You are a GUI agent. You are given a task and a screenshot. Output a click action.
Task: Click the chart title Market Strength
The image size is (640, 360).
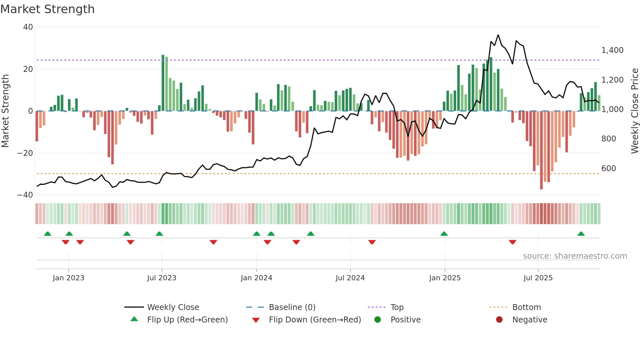click(x=47, y=9)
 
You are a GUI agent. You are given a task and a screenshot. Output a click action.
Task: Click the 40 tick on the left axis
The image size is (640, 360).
click(x=28, y=27)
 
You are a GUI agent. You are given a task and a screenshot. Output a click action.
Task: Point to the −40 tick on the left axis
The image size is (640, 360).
click(x=25, y=195)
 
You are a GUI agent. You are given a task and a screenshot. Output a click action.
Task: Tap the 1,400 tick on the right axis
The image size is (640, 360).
click(x=612, y=50)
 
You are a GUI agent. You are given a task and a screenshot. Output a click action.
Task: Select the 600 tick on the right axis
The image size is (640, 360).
click(x=609, y=169)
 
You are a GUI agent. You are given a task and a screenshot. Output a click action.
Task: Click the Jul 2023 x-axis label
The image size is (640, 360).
click(x=162, y=278)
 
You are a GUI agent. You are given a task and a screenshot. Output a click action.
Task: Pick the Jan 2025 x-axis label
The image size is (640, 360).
click(x=445, y=278)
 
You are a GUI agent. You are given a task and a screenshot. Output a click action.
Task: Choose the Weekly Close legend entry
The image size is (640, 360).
click(x=173, y=307)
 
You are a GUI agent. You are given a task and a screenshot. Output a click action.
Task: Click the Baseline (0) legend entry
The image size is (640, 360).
click(x=292, y=307)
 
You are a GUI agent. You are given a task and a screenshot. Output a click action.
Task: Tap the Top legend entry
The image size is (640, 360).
click(x=397, y=307)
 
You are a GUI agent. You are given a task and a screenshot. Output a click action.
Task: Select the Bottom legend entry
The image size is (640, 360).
click(x=526, y=307)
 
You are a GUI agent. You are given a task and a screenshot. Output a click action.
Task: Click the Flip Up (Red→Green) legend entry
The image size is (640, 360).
click(x=187, y=320)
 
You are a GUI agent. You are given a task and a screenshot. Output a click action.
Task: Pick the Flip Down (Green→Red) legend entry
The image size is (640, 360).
click(x=315, y=320)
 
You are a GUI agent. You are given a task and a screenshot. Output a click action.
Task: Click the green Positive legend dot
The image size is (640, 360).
click(x=378, y=320)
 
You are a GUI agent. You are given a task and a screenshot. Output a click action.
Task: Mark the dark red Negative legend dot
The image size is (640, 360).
click(x=499, y=320)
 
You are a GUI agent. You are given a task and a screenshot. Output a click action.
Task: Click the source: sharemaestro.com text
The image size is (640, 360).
click(x=575, y=256)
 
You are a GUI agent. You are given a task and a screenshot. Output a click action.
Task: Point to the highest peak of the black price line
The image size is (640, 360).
click(x=498, y=35)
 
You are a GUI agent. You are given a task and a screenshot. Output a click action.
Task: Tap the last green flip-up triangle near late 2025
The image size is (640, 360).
click(x=581, y=234)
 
